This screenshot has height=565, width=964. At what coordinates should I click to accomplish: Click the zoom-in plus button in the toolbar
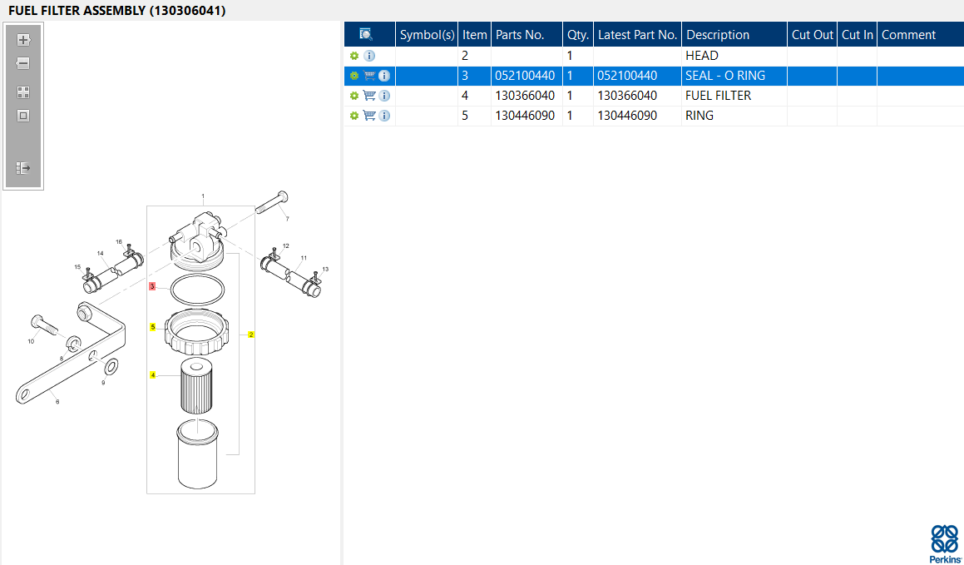(23, 40)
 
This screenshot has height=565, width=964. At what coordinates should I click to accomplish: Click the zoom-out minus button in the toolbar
(23, 63)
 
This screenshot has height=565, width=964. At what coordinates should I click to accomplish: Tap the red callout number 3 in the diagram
(152, 286)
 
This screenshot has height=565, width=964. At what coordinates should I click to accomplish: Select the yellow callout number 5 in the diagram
(153, 327)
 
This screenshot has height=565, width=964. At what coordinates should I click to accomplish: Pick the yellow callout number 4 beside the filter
(153, 375)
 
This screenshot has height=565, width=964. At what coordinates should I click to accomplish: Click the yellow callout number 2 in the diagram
(251, 335)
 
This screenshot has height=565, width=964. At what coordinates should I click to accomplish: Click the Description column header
(718, 35)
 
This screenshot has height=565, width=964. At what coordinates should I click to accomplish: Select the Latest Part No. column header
(638, 35)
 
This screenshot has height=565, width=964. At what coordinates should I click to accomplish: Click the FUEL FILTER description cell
(718, 96)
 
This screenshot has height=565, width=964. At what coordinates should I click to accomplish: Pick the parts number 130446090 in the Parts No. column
(525, 116)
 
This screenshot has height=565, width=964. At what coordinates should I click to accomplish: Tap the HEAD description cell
(701, 56)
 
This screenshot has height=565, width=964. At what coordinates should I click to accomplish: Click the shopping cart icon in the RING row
(368, 116)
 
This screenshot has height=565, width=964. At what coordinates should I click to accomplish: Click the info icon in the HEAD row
(369, 56)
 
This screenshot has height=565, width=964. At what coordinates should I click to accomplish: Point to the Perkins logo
(945, 543)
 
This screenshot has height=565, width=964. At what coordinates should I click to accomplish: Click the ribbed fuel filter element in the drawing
(196, 386)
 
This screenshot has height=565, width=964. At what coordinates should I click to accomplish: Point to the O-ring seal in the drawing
(197, 290)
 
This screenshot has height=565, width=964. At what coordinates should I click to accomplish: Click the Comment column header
(908, 35)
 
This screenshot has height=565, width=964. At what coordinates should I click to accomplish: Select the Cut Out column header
(812, 35)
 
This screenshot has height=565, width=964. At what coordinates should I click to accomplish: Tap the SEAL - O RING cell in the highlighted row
(725, 77)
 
